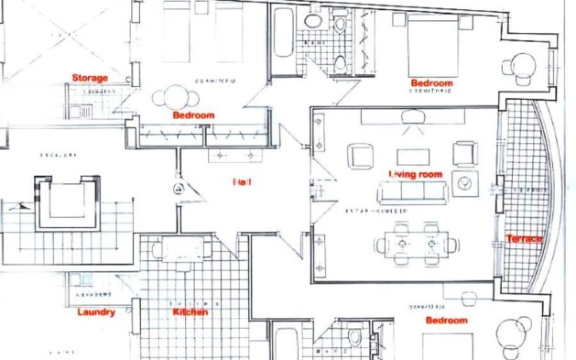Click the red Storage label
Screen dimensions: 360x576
(x=90, y=78)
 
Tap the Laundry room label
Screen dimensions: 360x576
(x=95, y=312)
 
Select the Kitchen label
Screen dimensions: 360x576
(x=190, y=312)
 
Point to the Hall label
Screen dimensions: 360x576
(x=242, y=182)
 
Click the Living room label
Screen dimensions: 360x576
(x=415, y=174)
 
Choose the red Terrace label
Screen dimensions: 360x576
(x=524, y=239)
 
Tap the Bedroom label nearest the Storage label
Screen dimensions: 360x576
(x=193, y=115)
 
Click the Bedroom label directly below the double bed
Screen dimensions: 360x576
(x=431, y=83)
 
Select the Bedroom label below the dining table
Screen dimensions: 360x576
(x=446, y=322)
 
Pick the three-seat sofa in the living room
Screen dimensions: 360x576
(x=413, y=191)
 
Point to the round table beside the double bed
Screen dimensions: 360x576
(x=521, y=66)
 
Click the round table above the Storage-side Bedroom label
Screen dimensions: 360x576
(x=174, y=96)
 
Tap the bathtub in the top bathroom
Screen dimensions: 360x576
(x=283, y=40)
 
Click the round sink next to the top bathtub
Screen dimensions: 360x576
(x=313, y=20)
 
